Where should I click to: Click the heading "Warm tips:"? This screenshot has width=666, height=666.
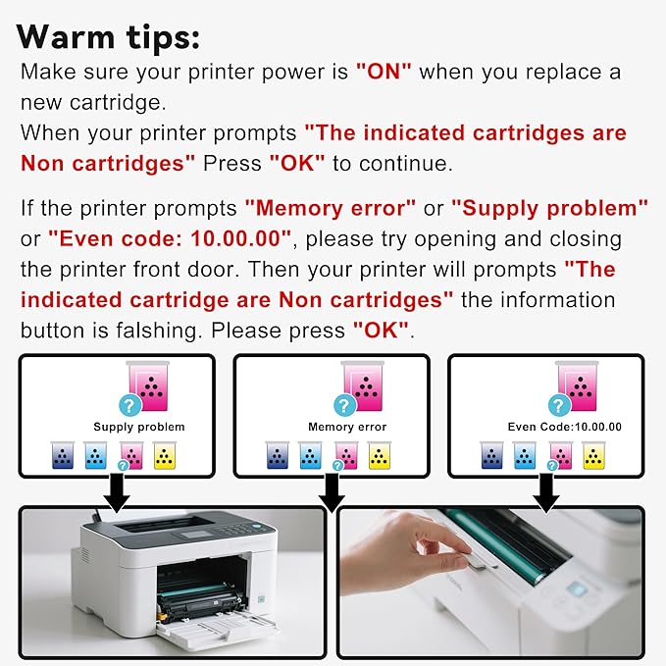(x=108, y=37)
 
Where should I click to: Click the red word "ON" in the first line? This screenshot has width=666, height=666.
(x=384, y=72)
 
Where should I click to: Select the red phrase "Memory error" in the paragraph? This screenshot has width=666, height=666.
(x=331, y=208)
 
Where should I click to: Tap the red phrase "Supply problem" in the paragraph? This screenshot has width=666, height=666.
(x=549, y=208)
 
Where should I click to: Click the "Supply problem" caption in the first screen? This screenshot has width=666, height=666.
(x=139, y=427)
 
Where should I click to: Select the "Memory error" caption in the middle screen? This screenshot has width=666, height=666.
(x=347, y=427)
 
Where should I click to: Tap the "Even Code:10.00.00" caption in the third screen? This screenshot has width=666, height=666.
(x=565, y=427)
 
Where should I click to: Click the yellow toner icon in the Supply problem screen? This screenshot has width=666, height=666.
(x=165, y=455)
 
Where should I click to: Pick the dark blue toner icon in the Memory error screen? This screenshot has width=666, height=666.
(x=278, y=455)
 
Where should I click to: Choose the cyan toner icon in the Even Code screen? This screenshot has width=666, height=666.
(x=525, y=455)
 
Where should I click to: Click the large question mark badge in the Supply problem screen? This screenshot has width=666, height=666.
(x=130, y=405)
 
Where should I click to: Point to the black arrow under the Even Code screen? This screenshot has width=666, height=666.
(x=545, y=492)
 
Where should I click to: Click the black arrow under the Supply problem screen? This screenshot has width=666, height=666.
(x=117, y=492)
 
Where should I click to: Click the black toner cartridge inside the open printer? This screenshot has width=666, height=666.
(x=196, y=599)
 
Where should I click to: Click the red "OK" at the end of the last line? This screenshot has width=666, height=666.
(x=381, y=331)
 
